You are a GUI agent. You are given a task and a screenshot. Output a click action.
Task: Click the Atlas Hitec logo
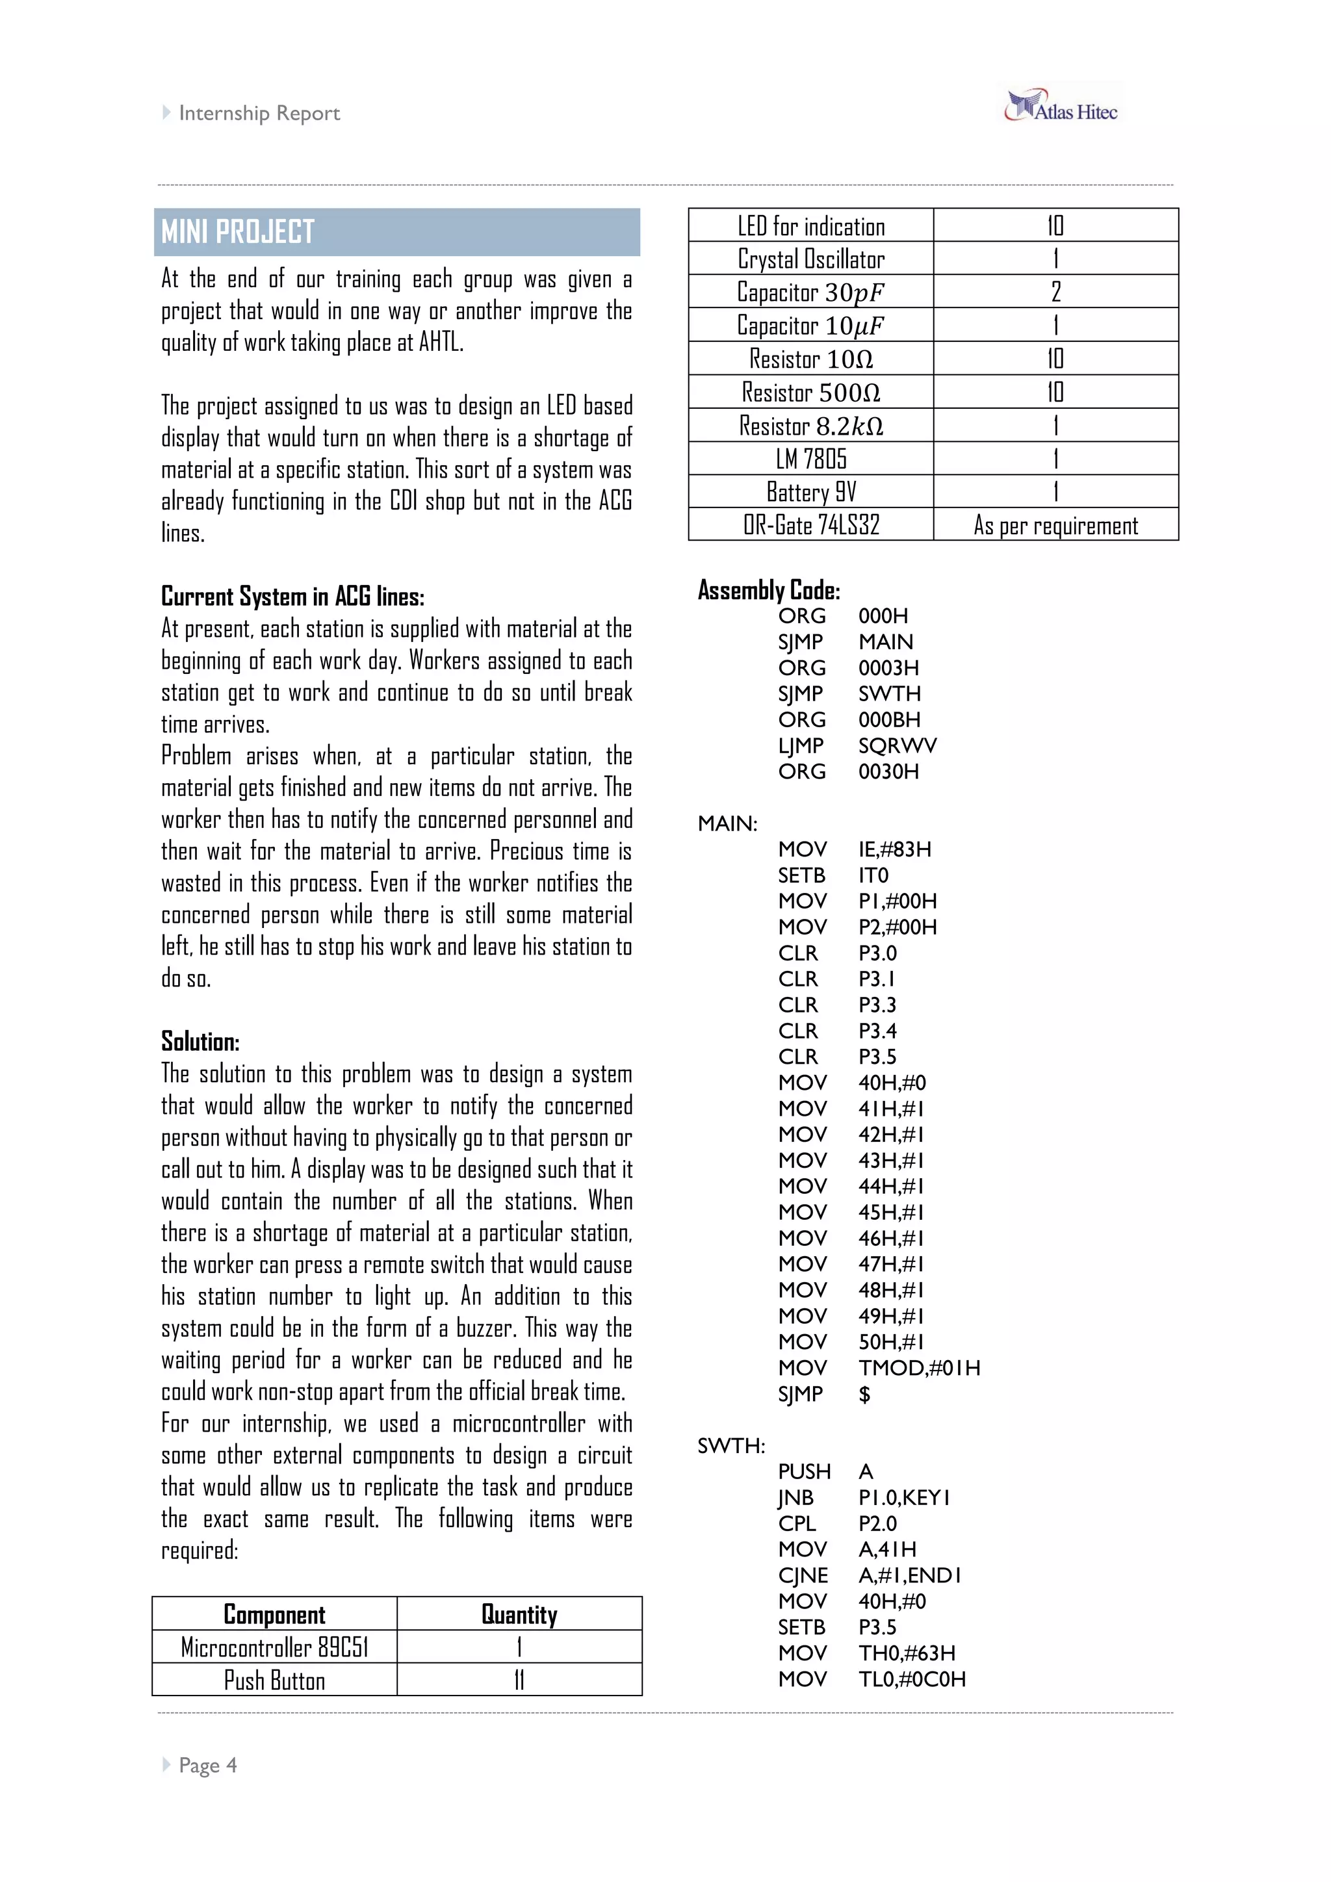[x=1061, y=107]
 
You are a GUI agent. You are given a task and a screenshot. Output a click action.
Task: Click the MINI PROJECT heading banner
[x=396, y=232]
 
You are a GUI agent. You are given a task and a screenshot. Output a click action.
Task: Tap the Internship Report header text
[x=259, y=113]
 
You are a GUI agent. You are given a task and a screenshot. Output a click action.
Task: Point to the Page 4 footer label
[x=207, y=1765]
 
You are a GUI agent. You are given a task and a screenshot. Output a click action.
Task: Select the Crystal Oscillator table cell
[x=810, y=259]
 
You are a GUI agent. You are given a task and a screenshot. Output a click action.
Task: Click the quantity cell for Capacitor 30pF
[x=1055, y=292]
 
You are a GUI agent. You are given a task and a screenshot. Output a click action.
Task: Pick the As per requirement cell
[x=1055, y=526]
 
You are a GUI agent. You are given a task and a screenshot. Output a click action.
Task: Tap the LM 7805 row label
[x=810, y=459]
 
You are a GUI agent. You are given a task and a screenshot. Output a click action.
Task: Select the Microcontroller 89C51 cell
[x=274, y=1647]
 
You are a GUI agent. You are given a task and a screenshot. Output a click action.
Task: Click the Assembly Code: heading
[x=769, y=590]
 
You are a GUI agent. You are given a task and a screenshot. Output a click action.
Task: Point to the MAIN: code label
[x=727, y=824]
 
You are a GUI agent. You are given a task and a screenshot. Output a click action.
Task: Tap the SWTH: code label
[x=731, y=1446]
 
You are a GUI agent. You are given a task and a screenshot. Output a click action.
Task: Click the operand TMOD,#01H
[x=919, y=1368]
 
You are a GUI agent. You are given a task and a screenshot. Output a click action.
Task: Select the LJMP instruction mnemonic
[x=800, y=746]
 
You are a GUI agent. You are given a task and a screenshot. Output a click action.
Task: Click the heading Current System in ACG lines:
[x=292, y=597]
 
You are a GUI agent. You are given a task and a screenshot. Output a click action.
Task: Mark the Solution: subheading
[x=200, y=1042]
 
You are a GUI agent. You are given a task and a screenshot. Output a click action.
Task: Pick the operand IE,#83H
[x=894, y=849]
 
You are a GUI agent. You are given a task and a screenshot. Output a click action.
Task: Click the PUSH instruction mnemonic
[x=804, y=1472]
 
